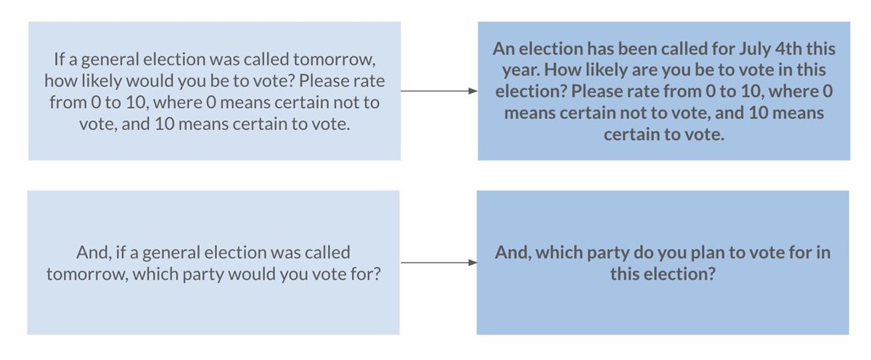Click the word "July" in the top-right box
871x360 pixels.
754,49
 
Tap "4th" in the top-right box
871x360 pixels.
788,49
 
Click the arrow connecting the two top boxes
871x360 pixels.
439,91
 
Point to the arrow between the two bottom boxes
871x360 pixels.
439,263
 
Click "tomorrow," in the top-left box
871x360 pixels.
335,60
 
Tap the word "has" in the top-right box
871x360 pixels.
602,49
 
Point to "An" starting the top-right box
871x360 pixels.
504,49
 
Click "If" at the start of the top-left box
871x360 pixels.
59,59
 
